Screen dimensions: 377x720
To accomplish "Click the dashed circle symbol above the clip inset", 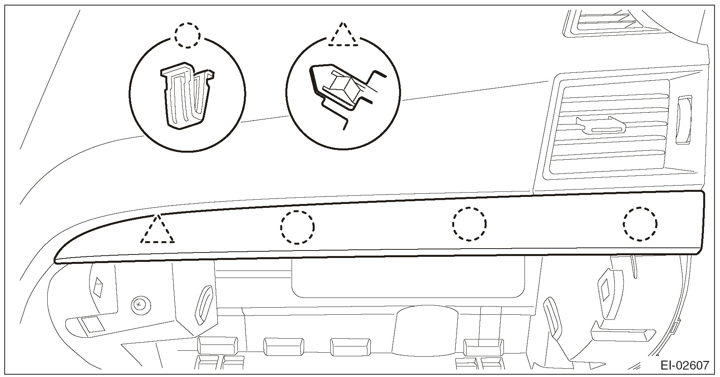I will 188,35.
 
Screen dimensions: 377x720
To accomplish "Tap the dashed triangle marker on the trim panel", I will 158,231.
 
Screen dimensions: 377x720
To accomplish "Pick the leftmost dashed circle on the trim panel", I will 297,227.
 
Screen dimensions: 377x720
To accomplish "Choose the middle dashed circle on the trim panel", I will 469,224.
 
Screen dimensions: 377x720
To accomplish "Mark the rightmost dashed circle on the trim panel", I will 640,224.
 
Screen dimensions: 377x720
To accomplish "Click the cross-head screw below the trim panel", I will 140,304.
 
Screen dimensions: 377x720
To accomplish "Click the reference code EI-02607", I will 684,366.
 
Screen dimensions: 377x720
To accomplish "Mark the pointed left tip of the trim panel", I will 57,260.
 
